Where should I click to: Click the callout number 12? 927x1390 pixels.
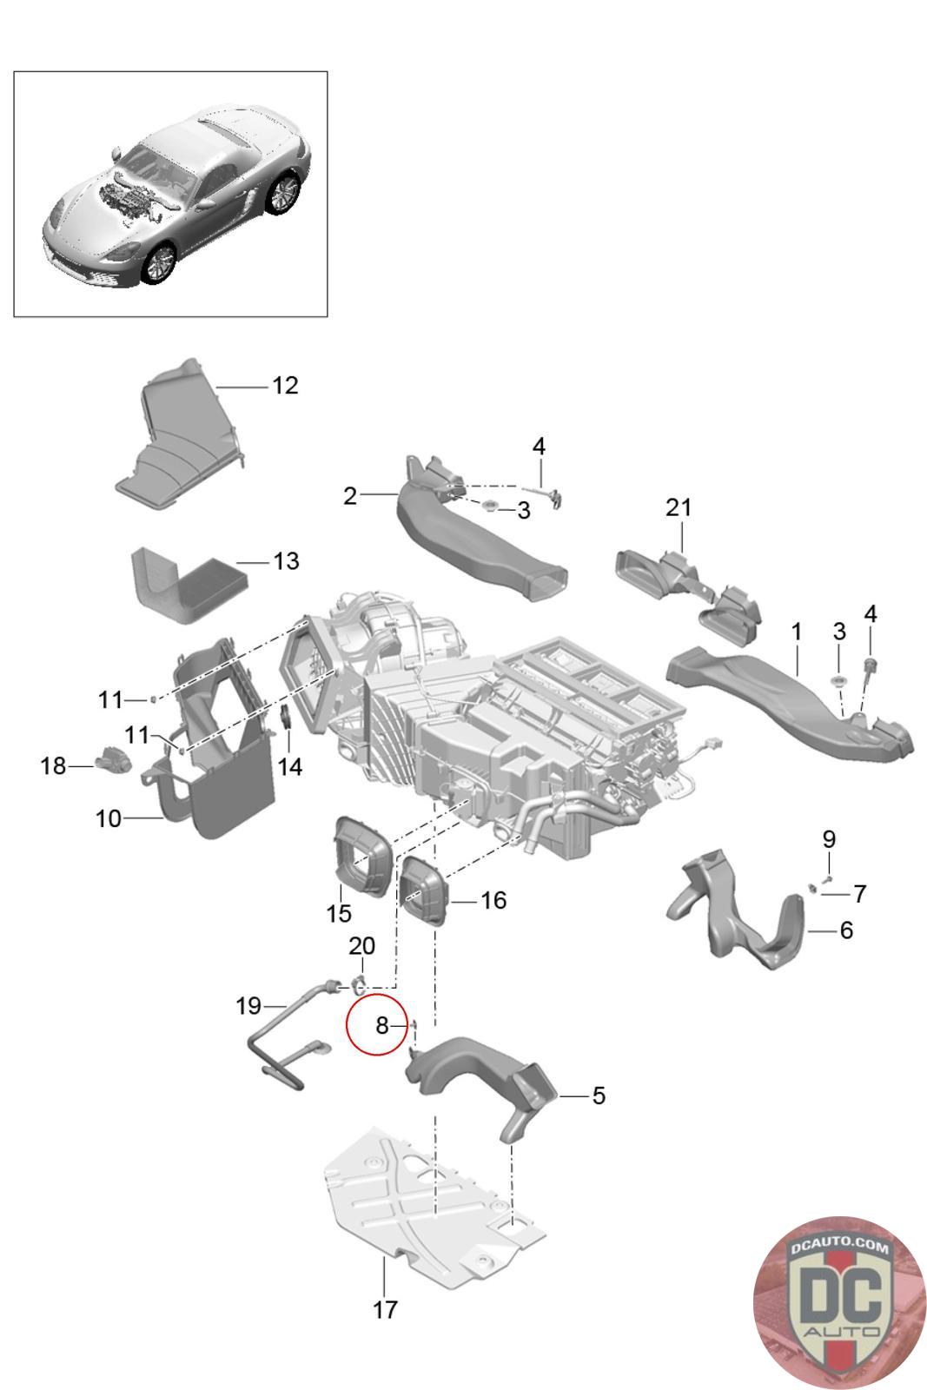coord(285,385)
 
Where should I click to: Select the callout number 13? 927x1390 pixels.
coord(286,561)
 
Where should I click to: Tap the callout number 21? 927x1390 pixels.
coord(679,506)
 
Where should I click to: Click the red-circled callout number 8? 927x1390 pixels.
coord(381,1026)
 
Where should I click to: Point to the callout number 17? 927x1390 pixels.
coord(385,1309)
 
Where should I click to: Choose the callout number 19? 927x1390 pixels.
coord(248,1006)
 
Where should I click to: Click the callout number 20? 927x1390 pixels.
coord(361,945)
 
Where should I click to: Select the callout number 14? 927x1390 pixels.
coord(290,766)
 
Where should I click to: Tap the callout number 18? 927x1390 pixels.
coord(54,765)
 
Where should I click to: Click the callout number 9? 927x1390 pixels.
coord(829,839)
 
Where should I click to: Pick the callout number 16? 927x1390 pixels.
coord(493,900)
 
